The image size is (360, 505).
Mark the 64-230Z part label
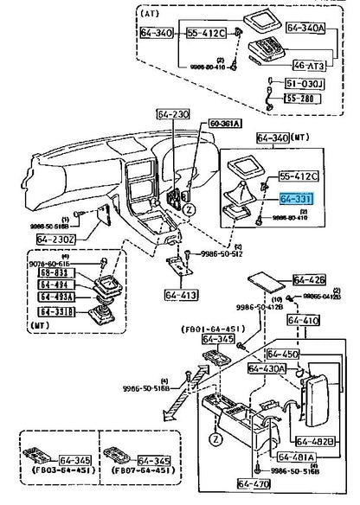point(57,238)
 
